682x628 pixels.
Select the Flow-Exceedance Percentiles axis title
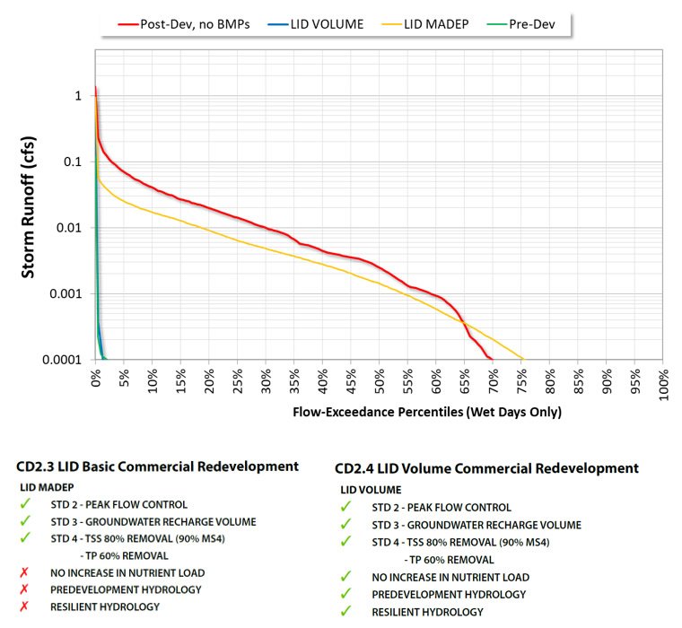(427, 412)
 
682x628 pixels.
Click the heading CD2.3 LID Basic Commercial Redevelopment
(157, 467)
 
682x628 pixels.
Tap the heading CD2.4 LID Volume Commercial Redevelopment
(486, 468)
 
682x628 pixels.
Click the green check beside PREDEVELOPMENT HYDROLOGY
(346, 594)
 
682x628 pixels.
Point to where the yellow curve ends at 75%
(523, 359)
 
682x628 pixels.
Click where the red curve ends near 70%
(492, 358)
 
